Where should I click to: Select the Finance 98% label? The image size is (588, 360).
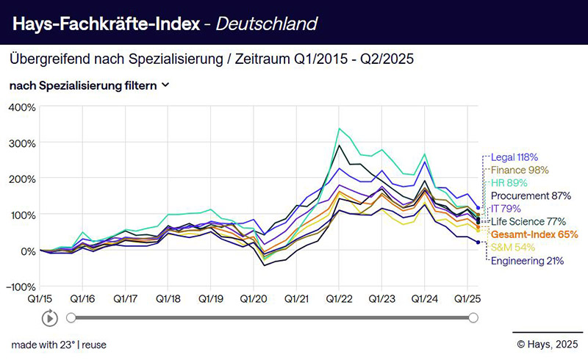(520, 170)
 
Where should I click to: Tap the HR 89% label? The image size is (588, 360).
(509, 183)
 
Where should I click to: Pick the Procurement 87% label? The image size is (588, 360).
(530, 196)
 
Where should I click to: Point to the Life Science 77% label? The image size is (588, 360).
(527, 221)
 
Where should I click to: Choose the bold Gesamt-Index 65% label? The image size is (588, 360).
(534, 234)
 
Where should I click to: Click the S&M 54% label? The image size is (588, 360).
(512, 247)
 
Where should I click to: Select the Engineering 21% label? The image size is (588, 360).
(527, 260)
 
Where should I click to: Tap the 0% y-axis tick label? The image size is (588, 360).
(27, 251)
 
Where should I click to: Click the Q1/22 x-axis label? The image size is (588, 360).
(339, 300)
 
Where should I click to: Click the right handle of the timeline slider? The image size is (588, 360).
(473, 317)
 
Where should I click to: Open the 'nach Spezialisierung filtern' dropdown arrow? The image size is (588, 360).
(165, 85)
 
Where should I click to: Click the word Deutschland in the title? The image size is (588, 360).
(270, 24)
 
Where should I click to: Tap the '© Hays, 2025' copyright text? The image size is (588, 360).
(548, 343)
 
